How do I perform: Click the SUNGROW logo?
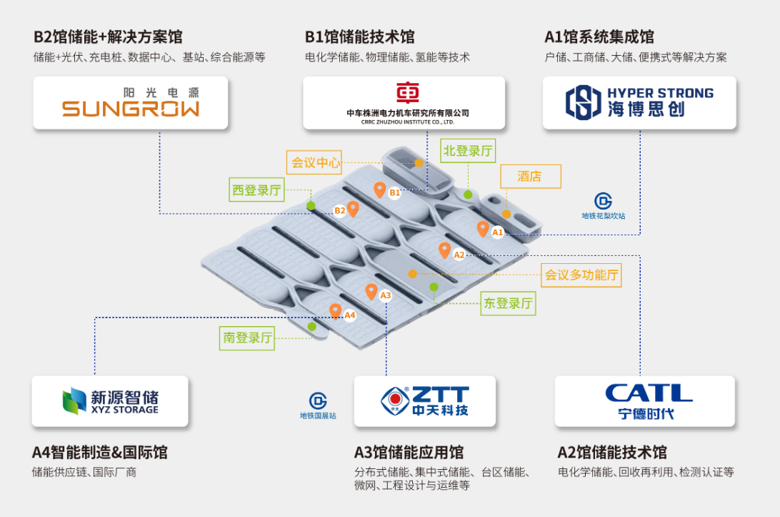click(131, 103)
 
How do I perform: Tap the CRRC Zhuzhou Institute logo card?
click(404, 103)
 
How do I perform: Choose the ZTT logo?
click(424, 401)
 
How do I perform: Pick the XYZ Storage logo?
click(110, 401)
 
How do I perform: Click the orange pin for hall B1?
click(380, 189)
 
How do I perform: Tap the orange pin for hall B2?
click(353, 208)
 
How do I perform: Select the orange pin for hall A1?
click(483, 229)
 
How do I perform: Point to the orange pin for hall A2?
click(444, 250)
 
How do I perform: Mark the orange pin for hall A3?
click(371, 291)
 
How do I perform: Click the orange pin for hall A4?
click(335, 311)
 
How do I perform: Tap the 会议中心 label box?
click(316, 162)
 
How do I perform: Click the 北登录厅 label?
click(468, 151)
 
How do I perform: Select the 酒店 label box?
click(529, 177)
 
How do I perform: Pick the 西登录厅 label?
click(256, 191)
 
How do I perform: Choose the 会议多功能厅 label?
click(581, 275)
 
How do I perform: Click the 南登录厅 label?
click(247, 338)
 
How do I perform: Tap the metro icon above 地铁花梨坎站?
click(603, 201)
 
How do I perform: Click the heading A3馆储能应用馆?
click(409, 452)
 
